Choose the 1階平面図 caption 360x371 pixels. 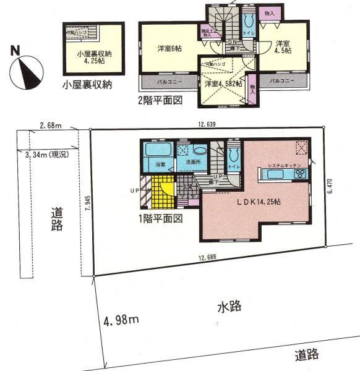163,219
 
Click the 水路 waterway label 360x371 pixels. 228,306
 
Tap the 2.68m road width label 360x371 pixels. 52,126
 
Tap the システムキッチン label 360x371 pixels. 284,166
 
